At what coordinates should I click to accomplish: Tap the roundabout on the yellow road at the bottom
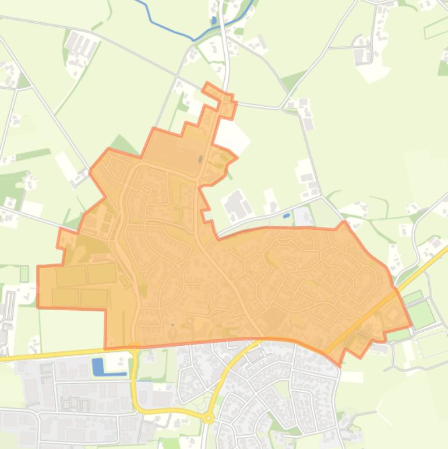point(209,418)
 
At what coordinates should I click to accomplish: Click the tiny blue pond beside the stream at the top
point(214,20)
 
